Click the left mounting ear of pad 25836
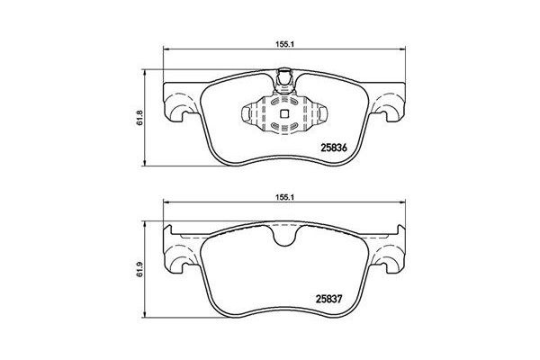[178, 104]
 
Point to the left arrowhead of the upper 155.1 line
[165, 50]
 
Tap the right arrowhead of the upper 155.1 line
[408, 50]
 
